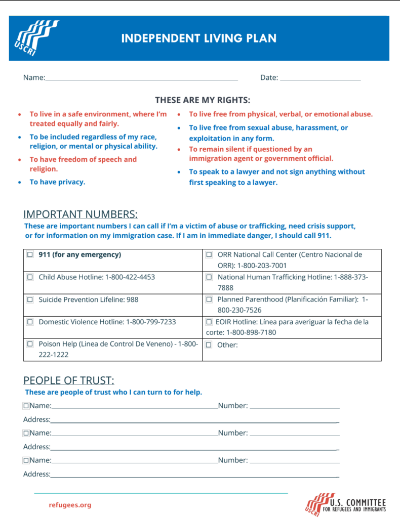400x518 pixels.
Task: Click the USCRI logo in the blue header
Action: point(36,38)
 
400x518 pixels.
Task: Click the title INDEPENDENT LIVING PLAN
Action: point(199,38)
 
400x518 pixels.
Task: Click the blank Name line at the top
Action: point(141,78)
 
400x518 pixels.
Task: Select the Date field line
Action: point(320,78)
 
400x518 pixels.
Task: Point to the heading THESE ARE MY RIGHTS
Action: point(203,100)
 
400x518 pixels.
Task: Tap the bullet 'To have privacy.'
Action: point(57,182)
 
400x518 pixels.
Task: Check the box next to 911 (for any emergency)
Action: point(30,255)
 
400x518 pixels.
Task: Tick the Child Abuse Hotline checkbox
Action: point(30,277)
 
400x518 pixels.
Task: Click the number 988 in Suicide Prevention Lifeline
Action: point(132,299)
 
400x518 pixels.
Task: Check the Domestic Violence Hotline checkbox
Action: point(30,322)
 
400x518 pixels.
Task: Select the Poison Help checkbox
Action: point(30,344)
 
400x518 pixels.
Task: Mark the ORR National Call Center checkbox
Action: point(209,255)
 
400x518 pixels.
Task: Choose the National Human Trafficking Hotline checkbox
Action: point(209,277)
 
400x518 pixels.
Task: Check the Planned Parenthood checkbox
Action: point(209,299)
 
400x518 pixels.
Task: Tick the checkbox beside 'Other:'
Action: point(209,345)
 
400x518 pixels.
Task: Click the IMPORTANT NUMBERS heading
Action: point(81,214)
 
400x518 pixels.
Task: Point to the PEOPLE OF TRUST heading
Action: point(69,380)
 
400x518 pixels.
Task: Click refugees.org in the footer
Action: point(70,505)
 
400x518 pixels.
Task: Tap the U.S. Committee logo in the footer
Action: point(345,505)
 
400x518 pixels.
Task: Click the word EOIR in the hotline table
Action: point(223,322)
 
